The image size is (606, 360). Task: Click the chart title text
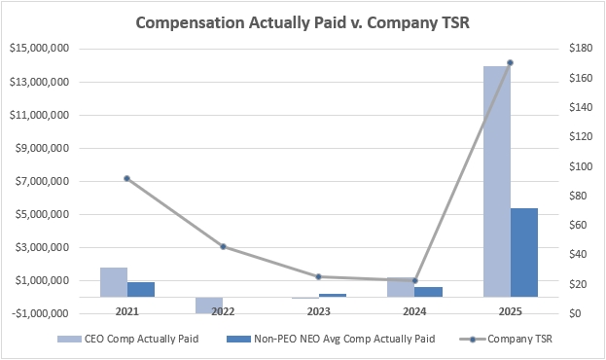pyautogui.click(x=303, y=21)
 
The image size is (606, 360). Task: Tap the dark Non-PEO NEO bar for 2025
pyautogui.click(x=524, y=252)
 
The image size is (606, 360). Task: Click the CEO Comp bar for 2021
pyautogui.click(x=114, y=282)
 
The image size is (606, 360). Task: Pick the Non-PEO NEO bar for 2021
pyautogui.click(x=141, y=289)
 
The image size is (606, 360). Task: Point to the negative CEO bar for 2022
pyautogui.click(x=209, y=305)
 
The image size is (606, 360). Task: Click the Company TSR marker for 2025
pyautogui.click(x=510, y=63)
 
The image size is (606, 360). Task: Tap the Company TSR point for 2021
pyautogui.click(x=127, y=178)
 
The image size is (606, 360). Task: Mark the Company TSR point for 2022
pyautogui.click(x=223, y=246)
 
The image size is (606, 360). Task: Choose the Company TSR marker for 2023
pyautogui.click(x=318, y=276)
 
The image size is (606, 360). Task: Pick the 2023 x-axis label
pyautogui.click(x=318, y=312)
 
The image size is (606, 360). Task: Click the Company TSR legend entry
pyautogui.click(x=512, y=340)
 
